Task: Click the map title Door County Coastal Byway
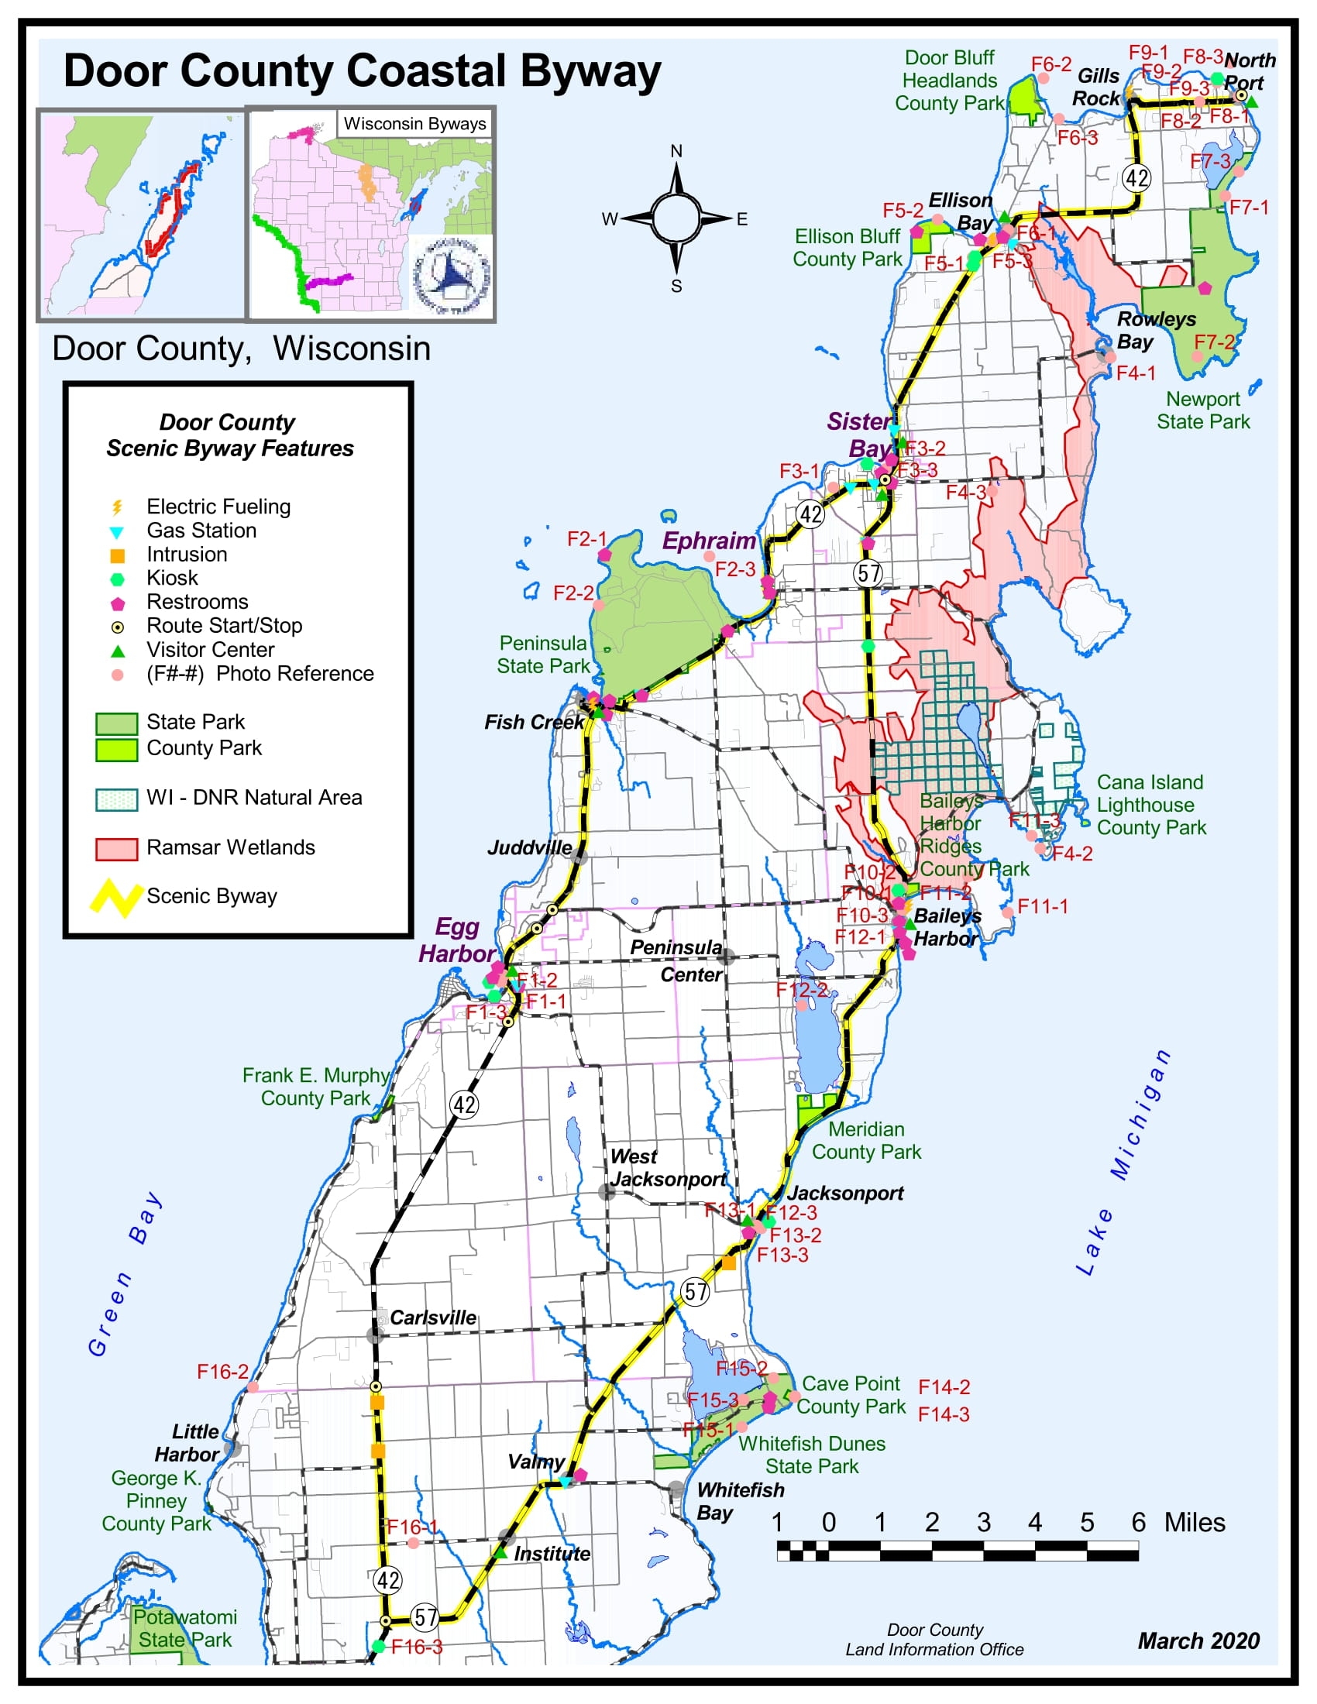click(x=362, y=71)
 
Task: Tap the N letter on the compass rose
click(x=676, y=151)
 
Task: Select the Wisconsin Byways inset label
click(x=414, y=123)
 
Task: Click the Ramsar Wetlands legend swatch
click(x=116, y=849)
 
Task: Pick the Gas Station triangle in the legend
click(x=116, y=532)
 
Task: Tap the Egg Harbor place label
click(x=456, y=940)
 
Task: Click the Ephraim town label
click(x=708, y=541)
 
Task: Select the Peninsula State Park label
click(x=543, y=654)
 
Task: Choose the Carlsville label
click(x=433, y=1318)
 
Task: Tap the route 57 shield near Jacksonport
click(x=695, y=1291)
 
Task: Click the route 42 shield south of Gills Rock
click(x=1136, y=178)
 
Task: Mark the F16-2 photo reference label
click(x=222, y=1372)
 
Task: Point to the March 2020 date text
click(x=1198, y=1640)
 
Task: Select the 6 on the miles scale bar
click(x=1138, y=1522)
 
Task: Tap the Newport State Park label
click(x=1202, y=411)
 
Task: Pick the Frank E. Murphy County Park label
click(x=315, y=1087)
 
